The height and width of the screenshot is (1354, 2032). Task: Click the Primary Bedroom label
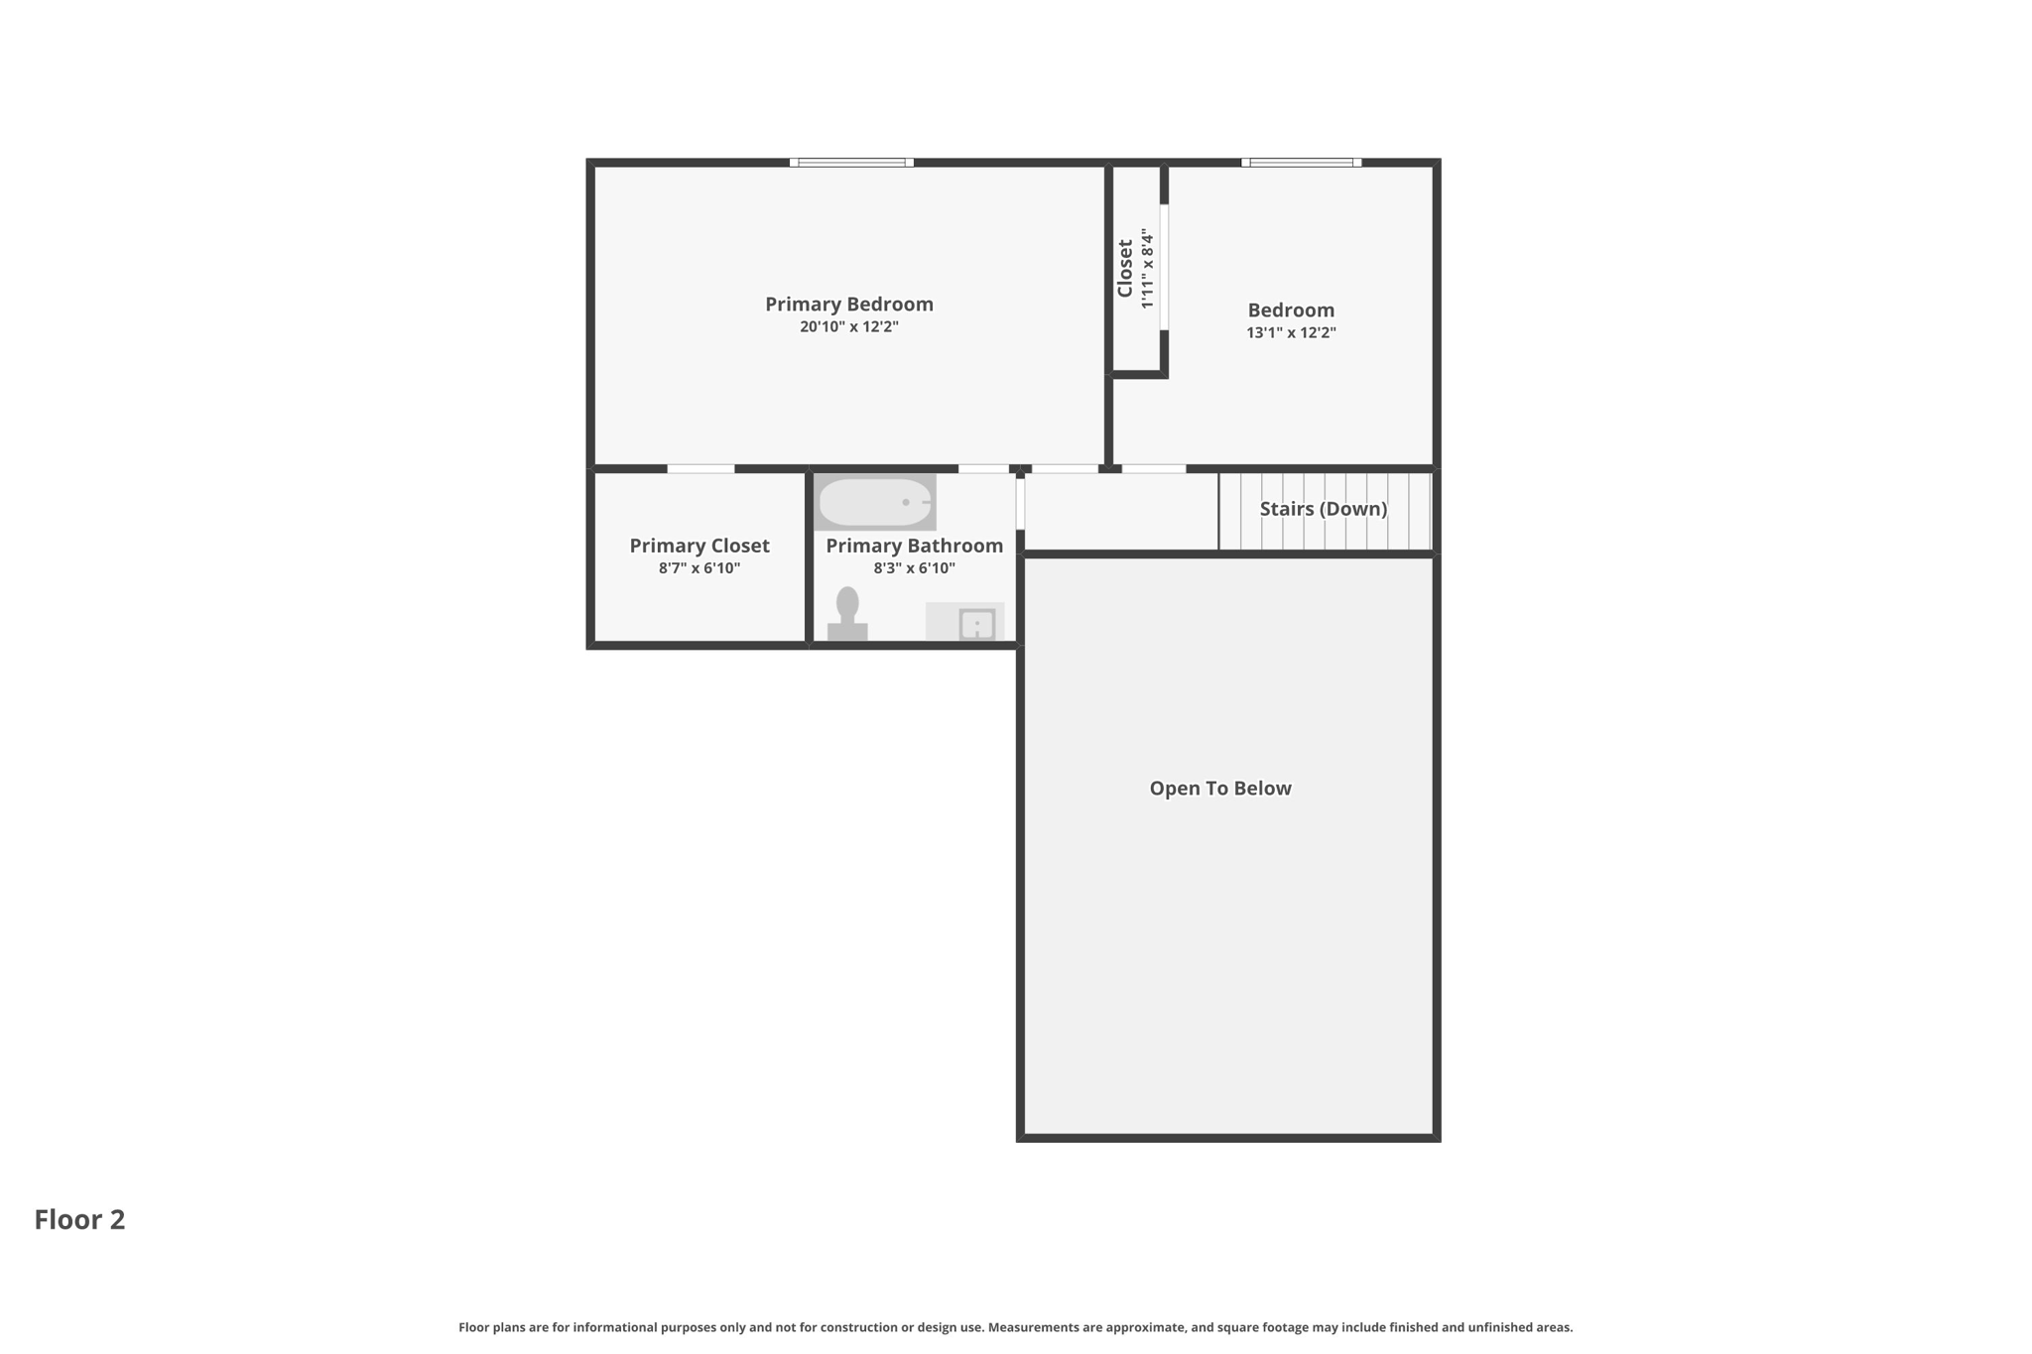click(x=848, y=305)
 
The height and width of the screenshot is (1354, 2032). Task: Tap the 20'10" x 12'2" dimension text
click(x=848, y=327)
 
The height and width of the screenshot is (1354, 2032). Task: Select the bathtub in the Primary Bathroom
click(x=874, y=502)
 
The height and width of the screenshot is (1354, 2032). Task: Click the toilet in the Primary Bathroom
click(x=847, y=614)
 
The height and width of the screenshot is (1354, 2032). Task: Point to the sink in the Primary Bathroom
click(x=976, y=624)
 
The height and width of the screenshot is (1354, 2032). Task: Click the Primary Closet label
click(x=698, y=546)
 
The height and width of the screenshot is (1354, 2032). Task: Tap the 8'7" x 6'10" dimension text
click(x=698, y=568)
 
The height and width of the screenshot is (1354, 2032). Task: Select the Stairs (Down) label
click(x=1323, y=509)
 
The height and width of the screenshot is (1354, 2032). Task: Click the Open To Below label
click(x=1219, y=789)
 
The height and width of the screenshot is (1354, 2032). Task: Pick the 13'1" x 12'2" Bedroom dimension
click(x=1291, y=333)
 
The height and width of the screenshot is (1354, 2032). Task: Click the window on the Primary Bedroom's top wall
click(x=851, y=162)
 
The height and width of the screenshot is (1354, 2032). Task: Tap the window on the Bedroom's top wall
click(x=1301, y=162)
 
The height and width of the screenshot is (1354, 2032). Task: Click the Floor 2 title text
click(x=79, y=1220)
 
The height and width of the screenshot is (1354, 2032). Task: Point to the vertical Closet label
click(x=1125, y=268)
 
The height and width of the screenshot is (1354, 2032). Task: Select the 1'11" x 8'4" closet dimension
click(x=1147, y=268)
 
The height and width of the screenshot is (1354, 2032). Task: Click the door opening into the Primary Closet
click(x=700, y=468)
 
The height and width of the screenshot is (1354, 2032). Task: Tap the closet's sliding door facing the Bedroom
click(x=1164, y=266)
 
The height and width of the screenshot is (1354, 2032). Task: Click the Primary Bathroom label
click(x=914, y=546)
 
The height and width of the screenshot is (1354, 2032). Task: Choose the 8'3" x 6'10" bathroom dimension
click(x=914, y=568)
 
